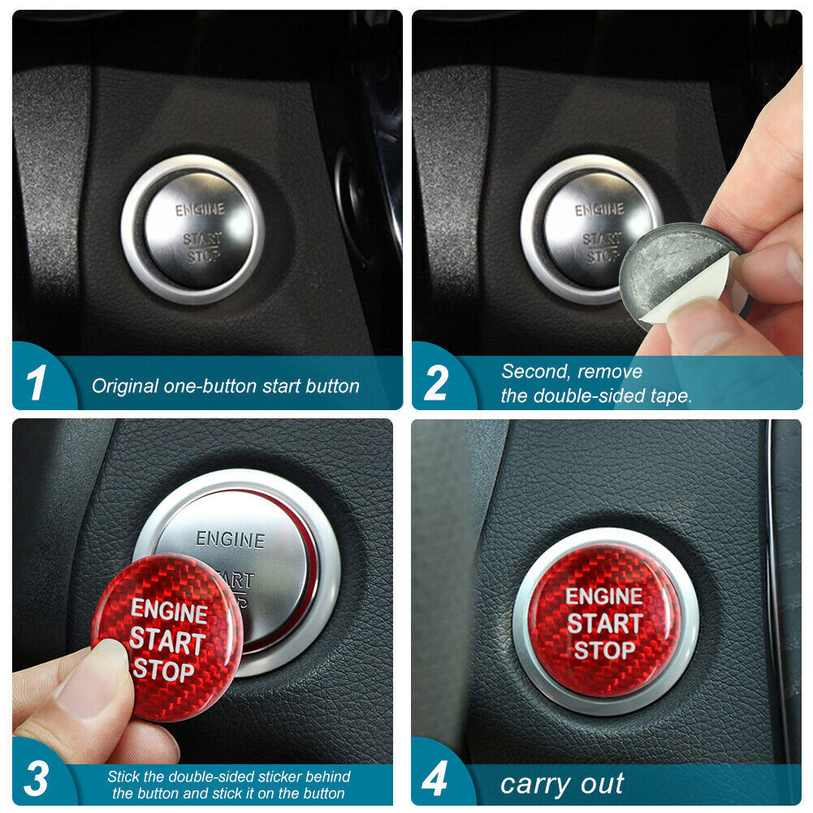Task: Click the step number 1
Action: [36, 383]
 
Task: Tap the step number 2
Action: [436, 383]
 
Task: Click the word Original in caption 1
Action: [125, 387]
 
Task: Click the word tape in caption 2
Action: [671, 396]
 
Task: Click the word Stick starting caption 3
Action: [123, 776]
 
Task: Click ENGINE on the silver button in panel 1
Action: [200, 210]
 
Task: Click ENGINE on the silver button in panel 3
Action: [230, 540]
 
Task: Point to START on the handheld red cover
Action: [167, 641]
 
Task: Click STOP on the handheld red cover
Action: [163, 670]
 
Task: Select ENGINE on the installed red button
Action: [604, 596]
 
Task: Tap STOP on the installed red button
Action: [604, 651]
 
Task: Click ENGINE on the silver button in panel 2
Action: [600, 210]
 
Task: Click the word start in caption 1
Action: [282, 387]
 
